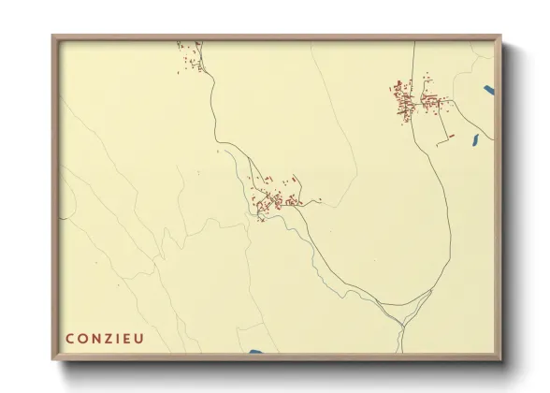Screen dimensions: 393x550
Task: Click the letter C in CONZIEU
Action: pos(70,338)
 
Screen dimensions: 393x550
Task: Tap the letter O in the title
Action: pos(84,338)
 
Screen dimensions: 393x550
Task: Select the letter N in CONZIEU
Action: pos(98,338)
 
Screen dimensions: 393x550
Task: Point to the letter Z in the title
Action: pos(111,338)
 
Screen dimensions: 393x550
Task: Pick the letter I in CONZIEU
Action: pos(122,338)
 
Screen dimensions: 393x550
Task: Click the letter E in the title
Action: pos(130,338)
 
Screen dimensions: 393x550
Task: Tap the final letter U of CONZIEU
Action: pos(141,338)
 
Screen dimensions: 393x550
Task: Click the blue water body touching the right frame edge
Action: pos(489,91)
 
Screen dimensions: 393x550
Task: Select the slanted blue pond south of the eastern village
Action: pos(474,141)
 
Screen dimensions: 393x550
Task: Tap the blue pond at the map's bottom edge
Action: pos(256,352)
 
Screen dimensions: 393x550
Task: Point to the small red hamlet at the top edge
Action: pos(191,51)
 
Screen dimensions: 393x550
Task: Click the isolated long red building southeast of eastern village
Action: pos(447,138)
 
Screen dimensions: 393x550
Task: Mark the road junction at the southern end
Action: pos(403,323)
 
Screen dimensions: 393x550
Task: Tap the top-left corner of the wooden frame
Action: pos(52,36)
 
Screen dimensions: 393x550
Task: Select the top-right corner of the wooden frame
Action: pos(500,36)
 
